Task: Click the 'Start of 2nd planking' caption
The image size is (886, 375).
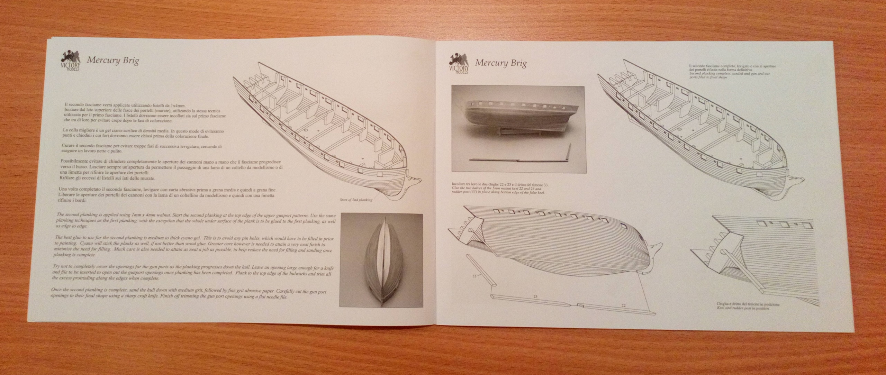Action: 356,200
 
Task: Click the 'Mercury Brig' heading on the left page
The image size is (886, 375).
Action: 113,61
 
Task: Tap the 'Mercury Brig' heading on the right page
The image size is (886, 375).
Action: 500,63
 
